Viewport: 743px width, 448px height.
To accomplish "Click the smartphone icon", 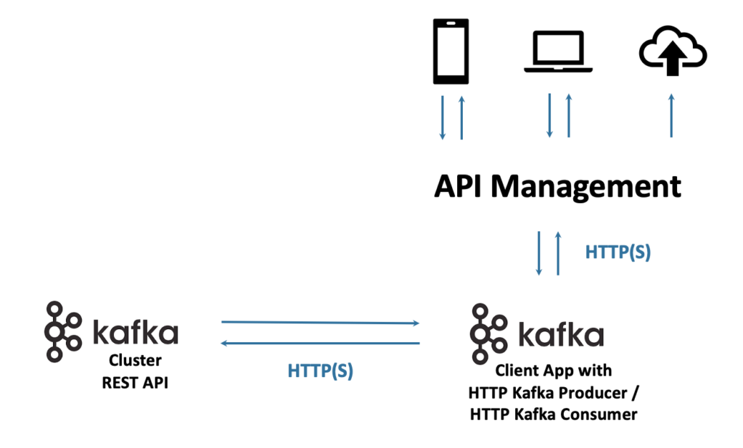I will pyautogui.click(x=451, y=51).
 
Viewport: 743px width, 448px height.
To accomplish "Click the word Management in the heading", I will pyautogui.click(x=586, y=186).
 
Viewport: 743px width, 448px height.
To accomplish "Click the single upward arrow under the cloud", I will pyautogui.click(x=671, y=115).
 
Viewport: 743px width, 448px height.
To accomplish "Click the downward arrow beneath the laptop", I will pyautogui.click(x=549, y=115).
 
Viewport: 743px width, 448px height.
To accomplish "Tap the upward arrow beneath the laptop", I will pyautogui.click(x=568, y=115).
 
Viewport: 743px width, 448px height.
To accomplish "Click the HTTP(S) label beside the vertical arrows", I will pyautogui.click(x=617, y=252).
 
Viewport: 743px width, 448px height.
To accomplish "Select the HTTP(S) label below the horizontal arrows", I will pyautogui.click(x=320, y=370).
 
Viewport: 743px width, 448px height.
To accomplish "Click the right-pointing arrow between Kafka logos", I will pyautogui.click(x=320, y=322).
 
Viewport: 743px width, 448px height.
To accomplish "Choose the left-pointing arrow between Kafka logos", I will pyautogui.click(x=320, y=343).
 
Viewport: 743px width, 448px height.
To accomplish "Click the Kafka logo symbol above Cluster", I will pyautogui.click(x=62, y=331).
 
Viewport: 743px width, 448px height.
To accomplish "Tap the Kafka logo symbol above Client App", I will pyautogui.click(x=487, y=334).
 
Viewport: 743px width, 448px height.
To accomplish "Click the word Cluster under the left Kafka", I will pyautogui.click(x=135, y=360).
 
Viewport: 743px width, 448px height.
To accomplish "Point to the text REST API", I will pyautogui.click(x=135, y=383).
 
